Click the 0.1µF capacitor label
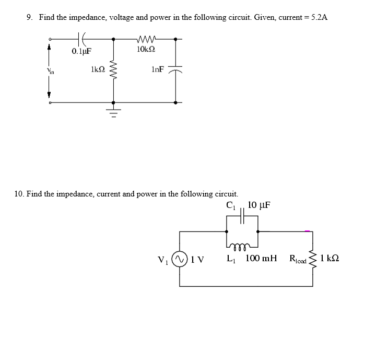[x=81, y=51]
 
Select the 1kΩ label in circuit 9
[x=98, y=69]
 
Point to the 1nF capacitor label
[x=157, y=69]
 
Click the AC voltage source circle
[x=180, y=258]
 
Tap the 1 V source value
[x=197, y=259]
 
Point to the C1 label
[x=230, y=205]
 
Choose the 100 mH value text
[x=261, y=258]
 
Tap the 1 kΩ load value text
[x=330, y=258]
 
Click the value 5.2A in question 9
[x=319, y=17]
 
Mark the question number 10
[x=19, y=194]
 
